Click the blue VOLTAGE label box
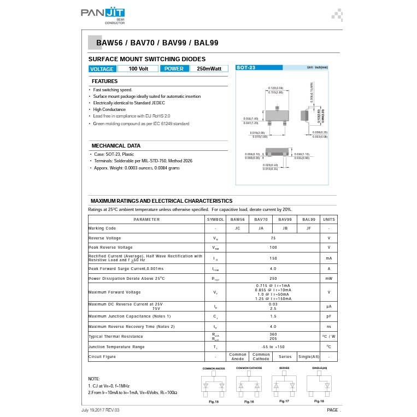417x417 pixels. (102, 69)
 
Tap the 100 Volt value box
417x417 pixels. (138, 69)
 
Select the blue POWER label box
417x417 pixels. (174, 69)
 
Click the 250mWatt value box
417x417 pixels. (209, 69)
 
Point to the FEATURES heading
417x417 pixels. (104, 81)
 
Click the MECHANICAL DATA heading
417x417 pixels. (116, 146)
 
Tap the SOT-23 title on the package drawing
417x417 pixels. (246, 67)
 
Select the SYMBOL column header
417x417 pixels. (215, 219)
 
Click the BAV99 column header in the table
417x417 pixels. (285, 219)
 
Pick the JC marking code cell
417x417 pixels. (237, 228)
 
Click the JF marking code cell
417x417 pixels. (308, 228)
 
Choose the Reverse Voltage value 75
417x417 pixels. (273, 238)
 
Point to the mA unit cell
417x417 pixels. (328, 258)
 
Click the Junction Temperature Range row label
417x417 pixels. (116, 346)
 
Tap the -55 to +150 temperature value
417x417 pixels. (273, 346)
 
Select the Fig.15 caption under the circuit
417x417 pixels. (214, 402)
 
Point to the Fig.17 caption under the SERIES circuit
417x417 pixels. (284, 402)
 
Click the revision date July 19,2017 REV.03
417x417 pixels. (101, 410)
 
